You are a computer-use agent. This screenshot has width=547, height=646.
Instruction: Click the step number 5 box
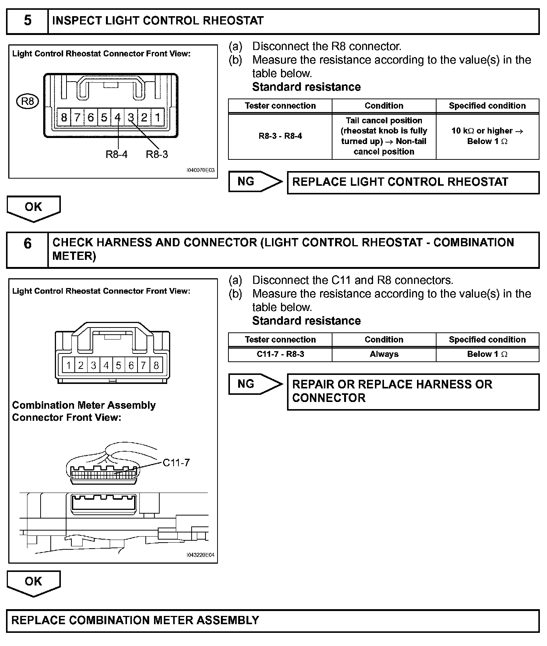27,21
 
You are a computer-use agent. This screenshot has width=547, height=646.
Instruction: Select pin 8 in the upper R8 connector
64,118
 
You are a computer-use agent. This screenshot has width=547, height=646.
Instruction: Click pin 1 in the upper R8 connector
158,118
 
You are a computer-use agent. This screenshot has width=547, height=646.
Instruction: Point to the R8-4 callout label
116,154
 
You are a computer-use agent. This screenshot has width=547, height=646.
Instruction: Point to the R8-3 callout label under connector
157,154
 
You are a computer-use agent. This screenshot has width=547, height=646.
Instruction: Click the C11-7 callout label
176,463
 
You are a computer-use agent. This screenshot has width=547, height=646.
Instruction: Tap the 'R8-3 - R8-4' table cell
280,136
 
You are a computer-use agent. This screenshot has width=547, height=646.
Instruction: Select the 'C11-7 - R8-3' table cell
280,354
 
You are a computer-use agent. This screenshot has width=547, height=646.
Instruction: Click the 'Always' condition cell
384,354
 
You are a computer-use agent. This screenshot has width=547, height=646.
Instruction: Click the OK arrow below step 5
33,208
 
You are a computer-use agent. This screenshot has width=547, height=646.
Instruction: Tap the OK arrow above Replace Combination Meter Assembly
33,582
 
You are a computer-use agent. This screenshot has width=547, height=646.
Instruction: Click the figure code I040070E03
201,170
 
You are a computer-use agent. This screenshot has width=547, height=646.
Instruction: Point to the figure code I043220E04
201,555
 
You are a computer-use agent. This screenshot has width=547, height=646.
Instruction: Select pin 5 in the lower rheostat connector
119,365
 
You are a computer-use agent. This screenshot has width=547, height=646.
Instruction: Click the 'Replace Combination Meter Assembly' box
273,620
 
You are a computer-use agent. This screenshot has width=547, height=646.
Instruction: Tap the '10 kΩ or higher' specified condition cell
487,136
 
